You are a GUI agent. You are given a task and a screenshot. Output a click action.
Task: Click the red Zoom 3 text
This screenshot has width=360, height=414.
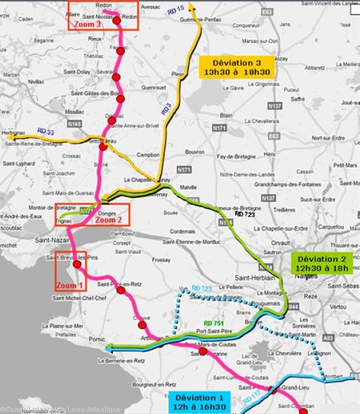[88, 24]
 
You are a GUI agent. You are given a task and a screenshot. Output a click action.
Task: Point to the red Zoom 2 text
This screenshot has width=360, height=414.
[108, 220]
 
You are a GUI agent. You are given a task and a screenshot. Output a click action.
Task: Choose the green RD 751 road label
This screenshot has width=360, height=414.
[212, 323]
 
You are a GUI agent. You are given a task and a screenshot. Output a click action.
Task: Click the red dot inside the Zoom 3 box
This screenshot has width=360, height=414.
[117, 20]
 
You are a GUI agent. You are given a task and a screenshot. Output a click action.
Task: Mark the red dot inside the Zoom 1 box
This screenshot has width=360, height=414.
[77, 265]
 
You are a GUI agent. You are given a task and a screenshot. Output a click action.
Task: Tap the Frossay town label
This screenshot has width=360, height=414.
[161, 260]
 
